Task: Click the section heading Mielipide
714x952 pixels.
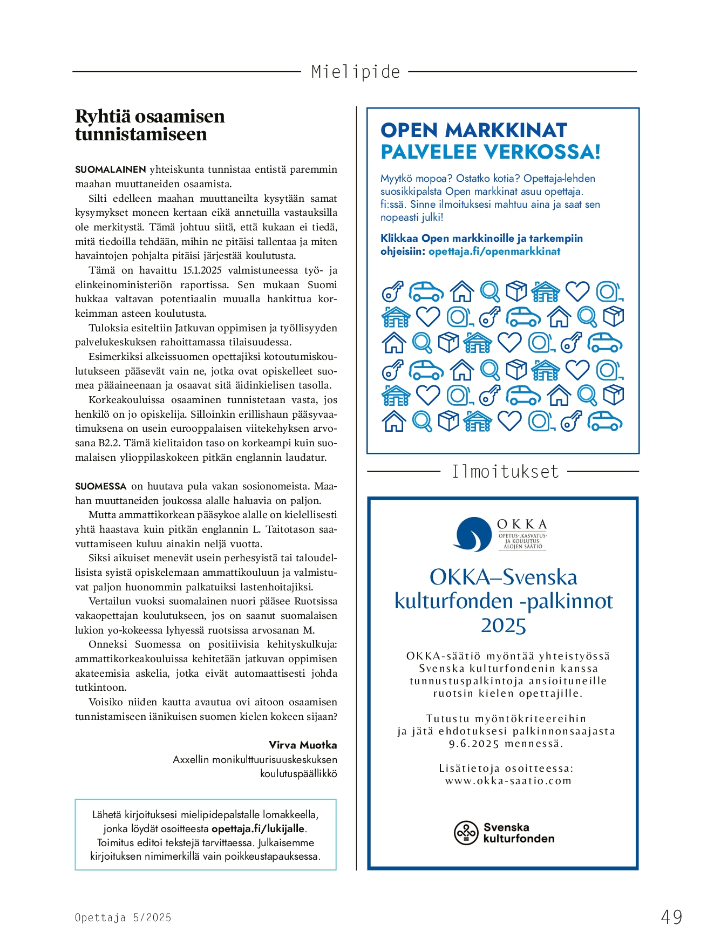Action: pos(356,72)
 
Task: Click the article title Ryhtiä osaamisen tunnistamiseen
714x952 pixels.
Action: pos(149,125)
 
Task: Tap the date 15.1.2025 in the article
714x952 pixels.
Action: pos(202,270)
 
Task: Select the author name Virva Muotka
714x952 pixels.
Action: pos(303,745)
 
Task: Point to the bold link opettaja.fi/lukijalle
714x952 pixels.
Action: pos(259,828)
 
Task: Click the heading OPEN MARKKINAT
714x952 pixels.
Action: pos(473,131)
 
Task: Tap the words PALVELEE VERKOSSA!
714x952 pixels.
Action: pos(490,152)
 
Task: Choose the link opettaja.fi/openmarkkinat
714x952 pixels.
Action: pos(494,251)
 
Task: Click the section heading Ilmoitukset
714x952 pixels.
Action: pos(505,472)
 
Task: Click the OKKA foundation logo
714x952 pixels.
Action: pos(472,534)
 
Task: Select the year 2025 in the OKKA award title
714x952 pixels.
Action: pos(503,625)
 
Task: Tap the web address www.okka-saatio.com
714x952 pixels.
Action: pos(508,781)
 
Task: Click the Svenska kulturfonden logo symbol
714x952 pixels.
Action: pos(466,833)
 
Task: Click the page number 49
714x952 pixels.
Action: pos(671,917)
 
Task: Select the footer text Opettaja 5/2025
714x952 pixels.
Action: pos(123,917)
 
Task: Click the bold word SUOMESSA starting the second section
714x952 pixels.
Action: pos(101,486)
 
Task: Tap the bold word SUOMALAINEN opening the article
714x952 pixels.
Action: pos(111,169)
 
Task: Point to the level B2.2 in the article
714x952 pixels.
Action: pos(110,443)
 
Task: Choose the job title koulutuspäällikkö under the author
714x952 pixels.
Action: pos(298,773)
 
